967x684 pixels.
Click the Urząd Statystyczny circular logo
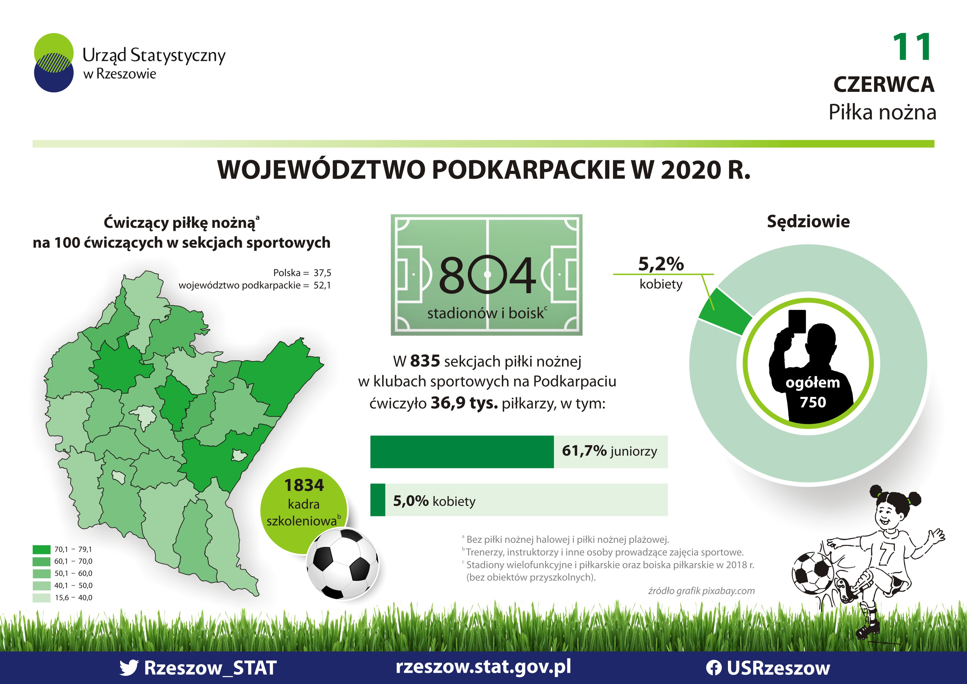coord(54,63)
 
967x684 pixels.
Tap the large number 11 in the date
coord(912,47)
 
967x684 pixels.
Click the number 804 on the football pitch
coord(487,275)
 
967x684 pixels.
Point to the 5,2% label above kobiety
coord(661,264)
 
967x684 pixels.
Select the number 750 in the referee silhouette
coord(813,402)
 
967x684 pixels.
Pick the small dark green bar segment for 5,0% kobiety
coord(378,500)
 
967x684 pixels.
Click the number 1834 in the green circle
coord(304,485)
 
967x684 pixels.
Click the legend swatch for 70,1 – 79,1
coord(41,549)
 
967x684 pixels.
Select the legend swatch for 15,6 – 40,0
coord(41,598)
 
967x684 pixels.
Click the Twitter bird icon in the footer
coord(128,667)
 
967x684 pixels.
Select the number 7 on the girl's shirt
coord(885,553)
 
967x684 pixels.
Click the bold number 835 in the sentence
coord(425,361)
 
